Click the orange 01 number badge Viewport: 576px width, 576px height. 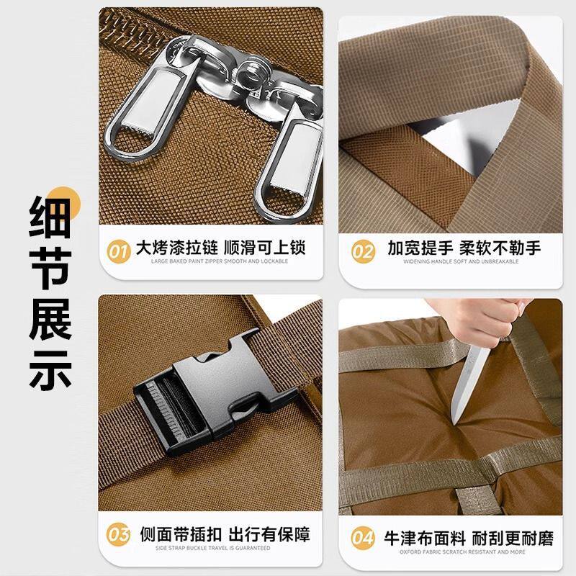118,251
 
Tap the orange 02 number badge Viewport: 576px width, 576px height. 363,251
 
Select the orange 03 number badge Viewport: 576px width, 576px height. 118,536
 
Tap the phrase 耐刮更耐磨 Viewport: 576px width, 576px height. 513,538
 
